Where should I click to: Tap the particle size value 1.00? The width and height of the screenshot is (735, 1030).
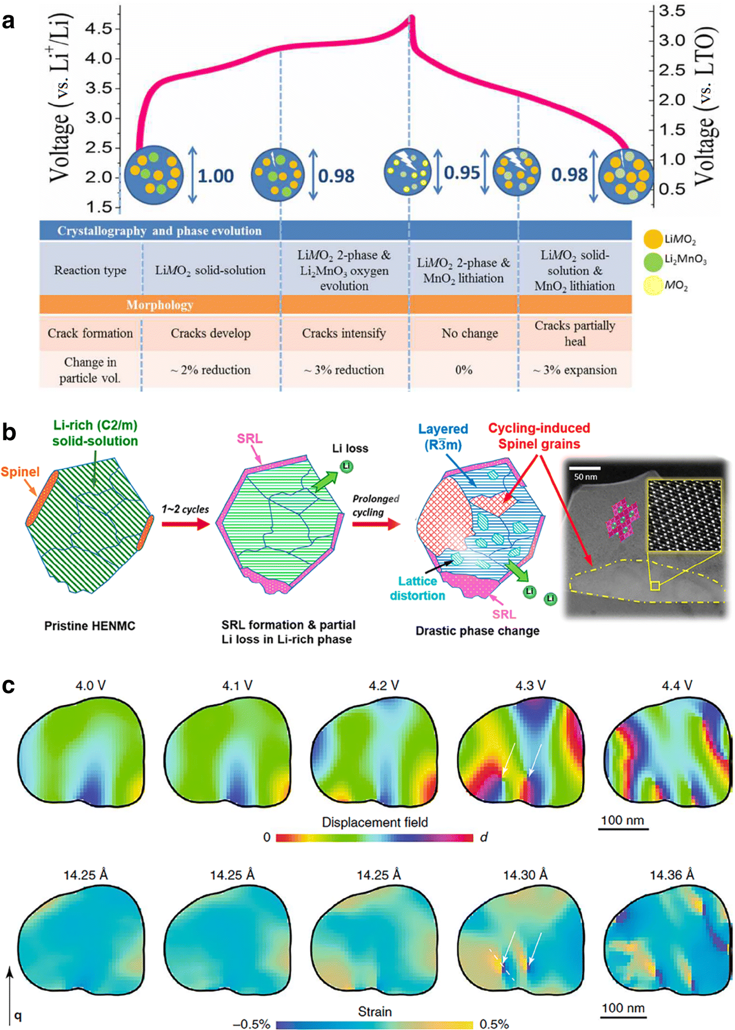click(216, 176)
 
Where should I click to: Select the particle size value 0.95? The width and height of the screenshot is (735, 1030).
click(462, 173)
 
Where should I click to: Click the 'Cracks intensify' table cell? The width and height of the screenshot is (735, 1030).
click(343, 333)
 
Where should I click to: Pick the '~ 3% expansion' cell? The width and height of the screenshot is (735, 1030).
click(575, 370)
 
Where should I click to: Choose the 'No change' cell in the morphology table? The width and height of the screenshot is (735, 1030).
click(469, 333)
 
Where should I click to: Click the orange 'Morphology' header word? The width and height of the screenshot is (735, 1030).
click(160, 305)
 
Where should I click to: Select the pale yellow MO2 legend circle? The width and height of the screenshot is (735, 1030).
click(653, 285)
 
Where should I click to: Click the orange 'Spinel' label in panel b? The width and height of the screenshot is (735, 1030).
click(20, 472)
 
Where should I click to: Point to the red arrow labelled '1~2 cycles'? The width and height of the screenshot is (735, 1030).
click(185, 524)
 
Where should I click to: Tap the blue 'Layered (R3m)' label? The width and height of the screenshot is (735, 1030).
click(443, 436)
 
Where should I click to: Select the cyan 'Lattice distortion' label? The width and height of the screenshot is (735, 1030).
click(417, 588)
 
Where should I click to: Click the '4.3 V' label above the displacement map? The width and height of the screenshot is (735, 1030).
click(530, 685)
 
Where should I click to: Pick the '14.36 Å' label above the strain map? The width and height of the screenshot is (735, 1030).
click(672, 875)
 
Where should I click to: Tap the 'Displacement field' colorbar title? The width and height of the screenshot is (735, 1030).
click(375, 822)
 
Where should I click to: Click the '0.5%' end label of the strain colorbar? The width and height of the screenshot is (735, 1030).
click(494, 1024)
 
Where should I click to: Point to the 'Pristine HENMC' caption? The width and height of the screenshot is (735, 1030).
click(90, 626)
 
